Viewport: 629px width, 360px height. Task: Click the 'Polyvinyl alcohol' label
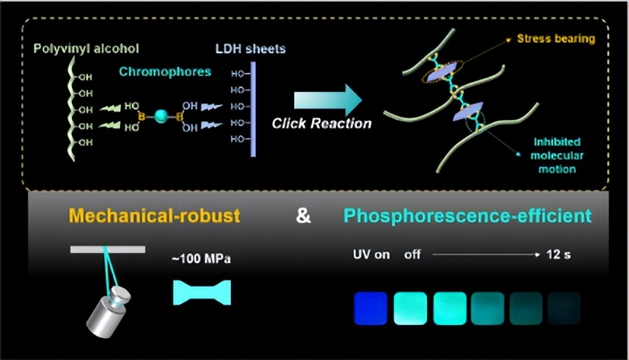(86, 49)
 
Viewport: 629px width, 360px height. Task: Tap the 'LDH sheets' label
(251, 49)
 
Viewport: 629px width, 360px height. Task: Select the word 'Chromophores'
(165, 71)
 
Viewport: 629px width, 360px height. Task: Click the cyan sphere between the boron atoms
(161, 116)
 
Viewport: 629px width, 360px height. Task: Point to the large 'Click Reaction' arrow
(327, 100)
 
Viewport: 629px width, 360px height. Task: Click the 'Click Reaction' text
(322, 124)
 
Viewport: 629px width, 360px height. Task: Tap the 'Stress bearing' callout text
(555, 39)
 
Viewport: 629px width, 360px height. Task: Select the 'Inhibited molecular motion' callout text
(557, 156)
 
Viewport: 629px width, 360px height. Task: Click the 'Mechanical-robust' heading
(154, 216)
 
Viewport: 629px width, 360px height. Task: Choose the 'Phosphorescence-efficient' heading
(467, 216)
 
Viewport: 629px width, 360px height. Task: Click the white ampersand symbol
(303, 216)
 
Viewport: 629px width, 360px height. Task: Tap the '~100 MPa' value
(201, 258)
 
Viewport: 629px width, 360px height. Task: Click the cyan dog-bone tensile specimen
(202, 292)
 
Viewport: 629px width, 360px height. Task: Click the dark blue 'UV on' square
(371, 308)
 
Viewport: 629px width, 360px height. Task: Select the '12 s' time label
(558, 254)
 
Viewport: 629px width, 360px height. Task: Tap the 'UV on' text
(371, 254)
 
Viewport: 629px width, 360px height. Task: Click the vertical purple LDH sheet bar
(253, 109)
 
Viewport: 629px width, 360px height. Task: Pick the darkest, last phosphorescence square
(564, 308)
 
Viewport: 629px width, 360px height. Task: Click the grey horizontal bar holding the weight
(108, 250)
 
